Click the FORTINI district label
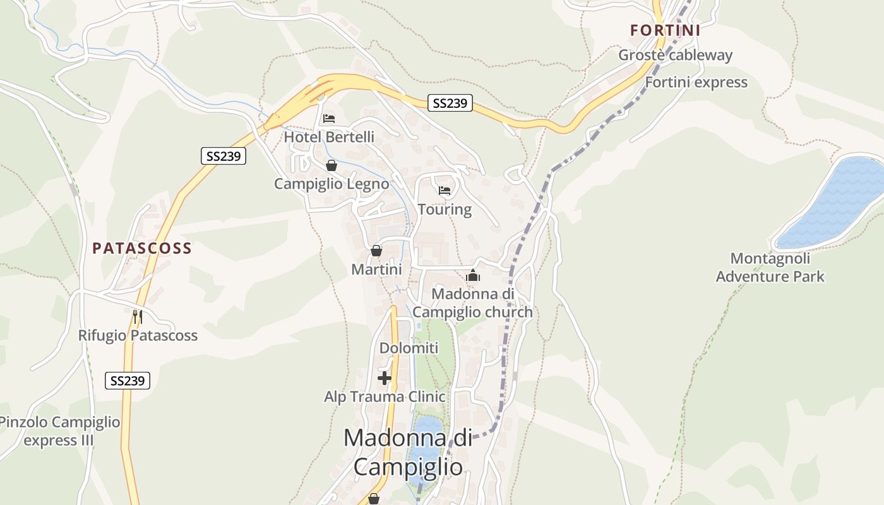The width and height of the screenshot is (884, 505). tap(666, 30)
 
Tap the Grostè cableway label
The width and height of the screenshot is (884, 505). tap(675, 55)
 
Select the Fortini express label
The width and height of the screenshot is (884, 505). tap(696, 82)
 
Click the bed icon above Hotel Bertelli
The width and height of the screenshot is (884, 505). tap(328, 118)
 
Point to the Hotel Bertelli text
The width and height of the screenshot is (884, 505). tap(328, 136)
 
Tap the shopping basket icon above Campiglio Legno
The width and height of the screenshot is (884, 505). tap(331, 165)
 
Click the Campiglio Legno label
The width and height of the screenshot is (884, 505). tap(331, 184)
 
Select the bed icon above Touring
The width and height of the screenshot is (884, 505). tap(445, 190)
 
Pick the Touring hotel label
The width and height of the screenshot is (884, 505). tap(445, 209)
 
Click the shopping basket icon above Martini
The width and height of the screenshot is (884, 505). tap(376, 251)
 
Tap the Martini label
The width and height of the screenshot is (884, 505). tap(376, 270)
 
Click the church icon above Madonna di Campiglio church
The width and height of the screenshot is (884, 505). tap(473, 275)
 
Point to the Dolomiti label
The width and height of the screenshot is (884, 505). tap(409, 348)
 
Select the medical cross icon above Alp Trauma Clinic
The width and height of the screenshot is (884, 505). tap(384, 378)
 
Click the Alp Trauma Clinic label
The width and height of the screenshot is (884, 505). tap(385, 396)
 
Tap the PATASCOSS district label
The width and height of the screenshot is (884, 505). tap(142, 248)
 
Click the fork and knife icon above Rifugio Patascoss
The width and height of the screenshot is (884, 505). tap(137, 316)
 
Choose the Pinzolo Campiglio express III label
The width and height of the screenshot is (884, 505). tap(59, 431)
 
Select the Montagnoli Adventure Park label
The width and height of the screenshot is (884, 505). tap(770, 267)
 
